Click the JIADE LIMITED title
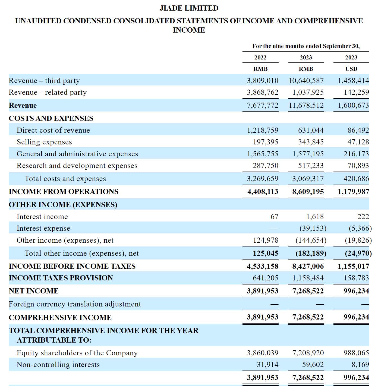click(x=189, y=8)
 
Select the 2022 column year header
click(x=260, y=58)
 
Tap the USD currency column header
click(x=351, y=69)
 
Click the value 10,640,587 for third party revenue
click(x=306, y=81)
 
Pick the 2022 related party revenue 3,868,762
click(x=262, y=92)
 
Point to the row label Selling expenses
click(x=44, y=142)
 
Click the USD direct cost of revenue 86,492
click(x=358, y=130)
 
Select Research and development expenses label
click(x=77, y=166)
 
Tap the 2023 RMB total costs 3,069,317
click(x=308, y=179)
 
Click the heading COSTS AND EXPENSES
click(x=51, y=118)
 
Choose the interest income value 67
click(x=274, y=217)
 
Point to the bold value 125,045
click(x=265, y=253)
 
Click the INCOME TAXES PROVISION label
click(x=61, y=278)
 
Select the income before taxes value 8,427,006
click(x=308, y=266)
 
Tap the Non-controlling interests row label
click(x=58, y=365)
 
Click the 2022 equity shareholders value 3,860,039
click(x=262, y=353)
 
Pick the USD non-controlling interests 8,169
click(x=360, y=365)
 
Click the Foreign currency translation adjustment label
click(x=75, y=304)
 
